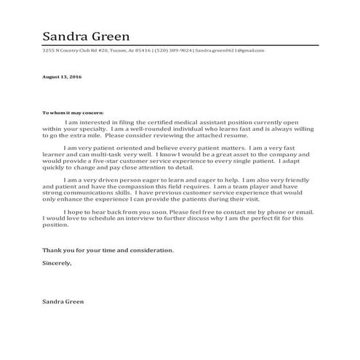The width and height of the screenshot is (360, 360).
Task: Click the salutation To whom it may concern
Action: pos(73,113)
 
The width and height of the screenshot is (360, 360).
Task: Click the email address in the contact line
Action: pos(231,51)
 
